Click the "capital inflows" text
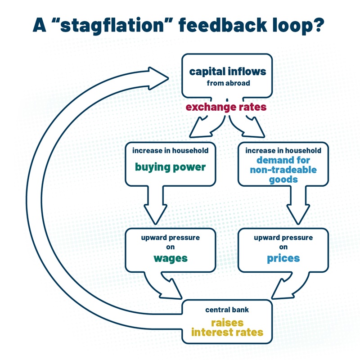(227, 72)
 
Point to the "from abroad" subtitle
(227, 83)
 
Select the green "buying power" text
(171, 167)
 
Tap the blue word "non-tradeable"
(283, 170)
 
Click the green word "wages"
(171, 258)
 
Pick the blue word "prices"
(283, 258)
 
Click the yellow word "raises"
(227, 323)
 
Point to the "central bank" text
(227, 310)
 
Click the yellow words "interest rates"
(227, 333)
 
